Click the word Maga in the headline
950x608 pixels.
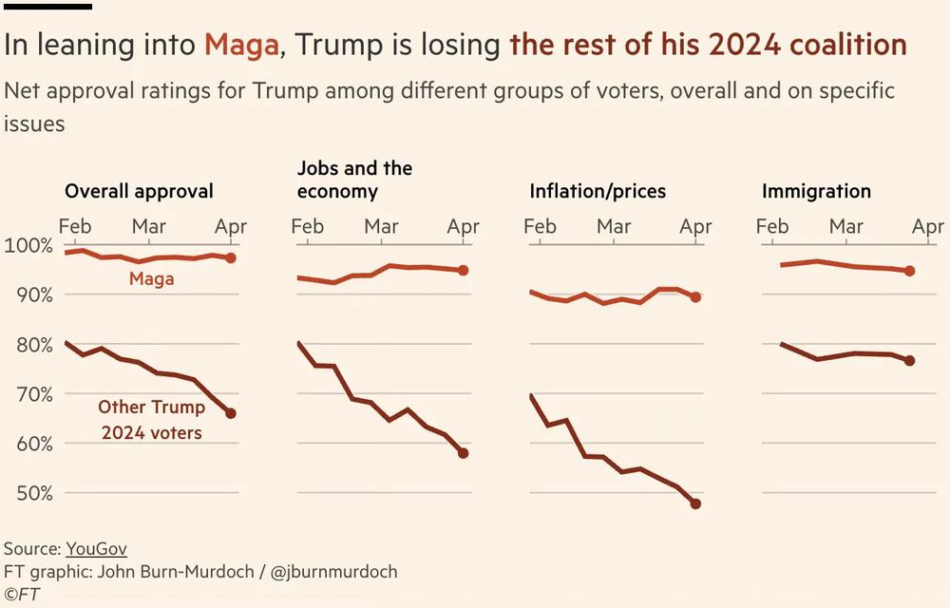pos(241,45)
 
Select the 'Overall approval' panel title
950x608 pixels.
pos(139,191)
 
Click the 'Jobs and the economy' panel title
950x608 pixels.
pos(354,180)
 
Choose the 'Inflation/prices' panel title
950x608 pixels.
pos(598,191)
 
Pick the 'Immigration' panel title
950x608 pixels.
pos(816,191)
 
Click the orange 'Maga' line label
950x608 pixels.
pos(151,279)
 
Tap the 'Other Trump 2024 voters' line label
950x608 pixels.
pos(151,420)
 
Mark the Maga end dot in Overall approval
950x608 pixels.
pos(231,257)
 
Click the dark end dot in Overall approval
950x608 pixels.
pos(231,413)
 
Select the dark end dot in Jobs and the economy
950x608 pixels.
pos(464,453)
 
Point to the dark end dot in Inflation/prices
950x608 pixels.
pos(695,503)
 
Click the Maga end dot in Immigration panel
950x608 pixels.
pos(910,271)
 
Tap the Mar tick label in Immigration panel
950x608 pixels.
pos(846,227)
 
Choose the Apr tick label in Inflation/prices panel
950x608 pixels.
pos(695,227)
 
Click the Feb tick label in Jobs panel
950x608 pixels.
pos(308,227)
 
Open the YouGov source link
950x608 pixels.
pos(96,549)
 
